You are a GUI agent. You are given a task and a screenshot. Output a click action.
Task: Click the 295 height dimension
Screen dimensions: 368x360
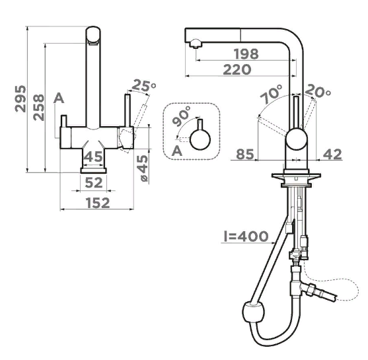[x=20, y=99]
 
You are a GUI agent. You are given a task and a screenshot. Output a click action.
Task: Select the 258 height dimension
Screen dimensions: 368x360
[x=38, y=108]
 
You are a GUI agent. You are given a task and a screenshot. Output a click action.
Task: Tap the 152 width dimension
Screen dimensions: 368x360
[x=98, y=203]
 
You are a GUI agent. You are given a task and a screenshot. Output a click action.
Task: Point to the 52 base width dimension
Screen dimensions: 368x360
[x=94, y=182]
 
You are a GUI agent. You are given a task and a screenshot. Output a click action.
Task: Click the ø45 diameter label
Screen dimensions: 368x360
[x=142, y=168]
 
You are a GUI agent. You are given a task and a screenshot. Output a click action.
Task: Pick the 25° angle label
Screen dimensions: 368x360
[x=143, y=85]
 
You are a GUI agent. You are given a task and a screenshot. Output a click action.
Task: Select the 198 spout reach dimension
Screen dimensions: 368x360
[x=246, y=54]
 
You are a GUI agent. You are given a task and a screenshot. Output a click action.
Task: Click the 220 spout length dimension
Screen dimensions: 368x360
[x=237, y=69]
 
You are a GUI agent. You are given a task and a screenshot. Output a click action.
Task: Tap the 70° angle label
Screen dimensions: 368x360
[x=272, y=94]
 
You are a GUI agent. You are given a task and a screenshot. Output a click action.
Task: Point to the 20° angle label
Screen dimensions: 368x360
[x=318, y=90]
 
